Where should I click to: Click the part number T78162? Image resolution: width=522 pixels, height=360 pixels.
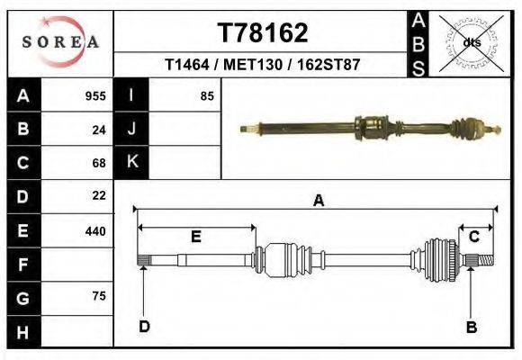[x=263, y=33]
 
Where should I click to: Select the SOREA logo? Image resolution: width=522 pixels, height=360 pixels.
[x=60, y=42]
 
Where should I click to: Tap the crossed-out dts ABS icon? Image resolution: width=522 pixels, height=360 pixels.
[x=471, y=42]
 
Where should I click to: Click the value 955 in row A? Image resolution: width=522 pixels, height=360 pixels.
[x=95, y=96]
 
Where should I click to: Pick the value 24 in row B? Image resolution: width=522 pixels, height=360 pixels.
[x=99, y=130]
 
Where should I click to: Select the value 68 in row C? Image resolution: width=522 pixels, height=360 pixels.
[x=99, y=163]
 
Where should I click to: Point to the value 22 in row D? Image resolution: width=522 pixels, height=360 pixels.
[x=99, y=195]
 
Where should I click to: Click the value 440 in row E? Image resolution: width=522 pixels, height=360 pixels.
[x=95, y=231]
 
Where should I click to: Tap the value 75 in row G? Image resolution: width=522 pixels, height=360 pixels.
[x=99, y=296]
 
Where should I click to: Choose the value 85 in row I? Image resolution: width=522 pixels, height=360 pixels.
[x=207, y=96]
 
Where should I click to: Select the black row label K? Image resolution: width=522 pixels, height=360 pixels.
[x=131, y=162]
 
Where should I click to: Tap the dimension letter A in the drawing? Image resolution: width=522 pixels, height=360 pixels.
[x=318, y=202]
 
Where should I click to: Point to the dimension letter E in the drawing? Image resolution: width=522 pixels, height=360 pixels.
[x=196, y=237]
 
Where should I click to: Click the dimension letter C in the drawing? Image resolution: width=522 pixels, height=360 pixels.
[x=473, y=237]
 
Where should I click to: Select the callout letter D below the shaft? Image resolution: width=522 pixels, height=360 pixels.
[x=144, y=327]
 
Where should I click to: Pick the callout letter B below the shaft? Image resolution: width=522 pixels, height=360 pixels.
[x=471, y=328]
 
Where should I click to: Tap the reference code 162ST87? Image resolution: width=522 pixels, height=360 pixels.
[x=329, y=66]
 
